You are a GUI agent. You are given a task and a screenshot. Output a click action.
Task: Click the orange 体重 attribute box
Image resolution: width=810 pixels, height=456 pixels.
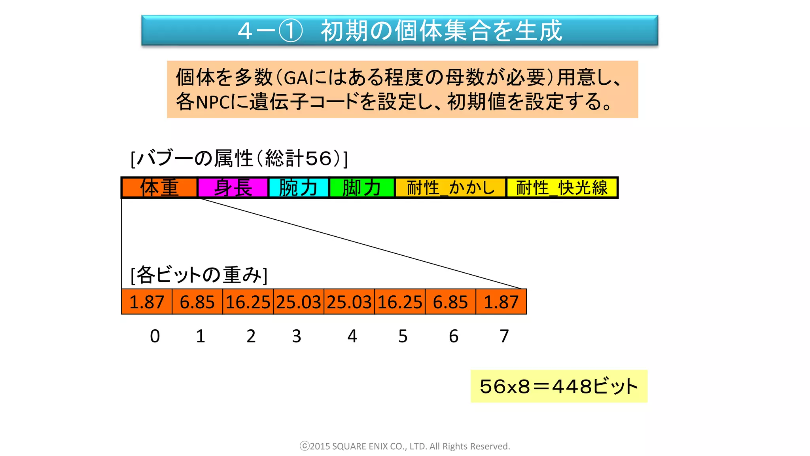pos(159,188)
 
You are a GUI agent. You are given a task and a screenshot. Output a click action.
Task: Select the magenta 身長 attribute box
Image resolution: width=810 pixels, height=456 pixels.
pos(233,188)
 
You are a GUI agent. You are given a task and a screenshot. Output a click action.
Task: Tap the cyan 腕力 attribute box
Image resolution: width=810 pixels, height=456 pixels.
pos(299,188)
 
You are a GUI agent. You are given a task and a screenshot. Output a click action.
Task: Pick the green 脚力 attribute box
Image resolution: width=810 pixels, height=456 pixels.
pos(362,188)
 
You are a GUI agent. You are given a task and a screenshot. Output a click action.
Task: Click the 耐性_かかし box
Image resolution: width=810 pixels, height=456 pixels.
pos(450,188)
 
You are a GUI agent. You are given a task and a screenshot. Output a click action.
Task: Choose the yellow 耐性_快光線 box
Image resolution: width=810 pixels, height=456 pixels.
pos(562,188)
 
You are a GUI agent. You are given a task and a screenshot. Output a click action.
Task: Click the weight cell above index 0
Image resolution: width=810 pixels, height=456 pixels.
pos(147,302)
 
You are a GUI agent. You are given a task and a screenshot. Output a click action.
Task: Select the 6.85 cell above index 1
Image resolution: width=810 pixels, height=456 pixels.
pos(197,302)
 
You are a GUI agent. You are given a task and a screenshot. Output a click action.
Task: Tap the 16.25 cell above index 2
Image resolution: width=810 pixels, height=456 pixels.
pos(248,302)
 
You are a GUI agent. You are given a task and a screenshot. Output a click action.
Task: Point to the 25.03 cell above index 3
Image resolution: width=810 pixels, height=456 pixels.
pos(299,302)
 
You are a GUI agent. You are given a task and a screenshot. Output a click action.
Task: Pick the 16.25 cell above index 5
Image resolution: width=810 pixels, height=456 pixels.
pos(400,302)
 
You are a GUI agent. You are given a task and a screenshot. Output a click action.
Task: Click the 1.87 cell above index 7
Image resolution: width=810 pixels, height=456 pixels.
pos(501,302)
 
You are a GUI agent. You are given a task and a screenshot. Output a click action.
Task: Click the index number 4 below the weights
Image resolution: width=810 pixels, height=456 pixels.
pos(352,336)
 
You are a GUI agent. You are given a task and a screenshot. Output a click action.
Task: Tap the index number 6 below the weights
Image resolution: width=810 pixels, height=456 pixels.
pos(454,336)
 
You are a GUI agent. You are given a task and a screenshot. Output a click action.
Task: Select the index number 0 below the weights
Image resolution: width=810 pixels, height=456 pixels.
pos(155,336)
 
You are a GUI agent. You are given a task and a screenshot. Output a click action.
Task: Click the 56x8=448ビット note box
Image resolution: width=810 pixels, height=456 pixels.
pos(559,386)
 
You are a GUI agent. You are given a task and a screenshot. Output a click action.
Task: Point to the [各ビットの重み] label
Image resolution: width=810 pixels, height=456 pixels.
pos(199,275)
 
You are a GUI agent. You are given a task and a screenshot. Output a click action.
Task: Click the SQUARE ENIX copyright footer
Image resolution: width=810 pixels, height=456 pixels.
pos(405,446)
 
